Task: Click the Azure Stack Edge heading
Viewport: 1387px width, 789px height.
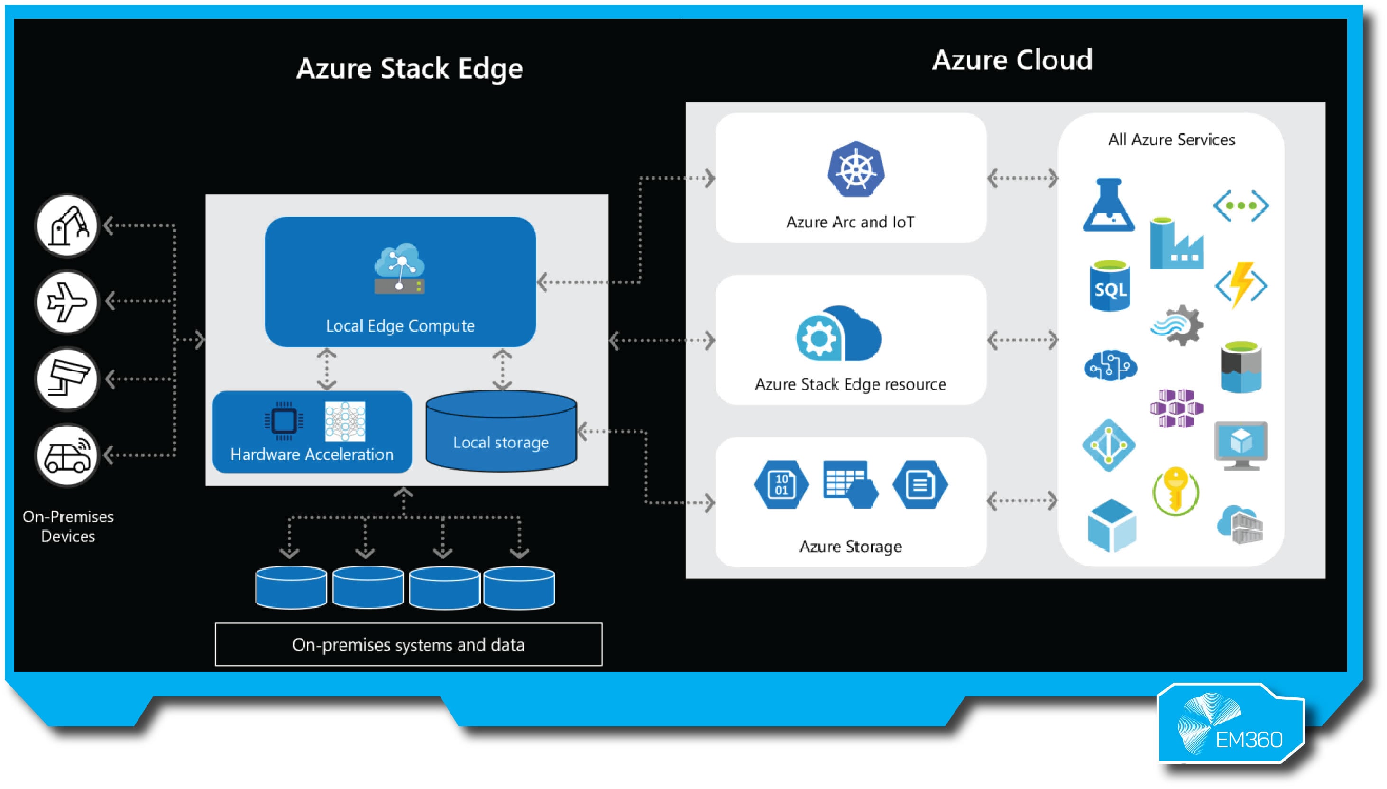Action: [x=409, y=69]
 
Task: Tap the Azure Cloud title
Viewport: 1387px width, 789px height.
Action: [x=1012, y=60]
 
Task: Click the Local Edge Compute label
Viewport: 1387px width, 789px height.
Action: [x=400, y=325]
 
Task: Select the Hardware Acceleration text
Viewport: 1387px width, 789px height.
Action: [x=312, y=454]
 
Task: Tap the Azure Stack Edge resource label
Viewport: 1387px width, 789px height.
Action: [x=850, y=384]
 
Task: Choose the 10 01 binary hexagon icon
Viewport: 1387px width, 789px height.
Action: [x=781, y=484]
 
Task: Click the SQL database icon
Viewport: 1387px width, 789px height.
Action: [x=1110, y=287]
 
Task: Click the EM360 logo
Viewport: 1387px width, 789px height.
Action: [x=1231, y=724]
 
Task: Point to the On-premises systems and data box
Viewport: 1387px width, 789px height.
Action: [x=408, y=644]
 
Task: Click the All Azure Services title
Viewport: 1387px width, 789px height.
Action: [x=1171, y=140]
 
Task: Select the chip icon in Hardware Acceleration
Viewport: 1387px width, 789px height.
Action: [x=284, y=421]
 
